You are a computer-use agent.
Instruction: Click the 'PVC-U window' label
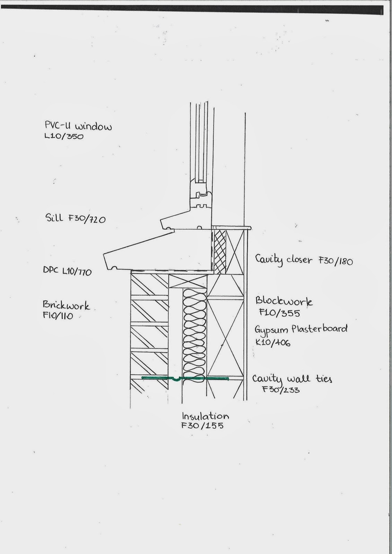pos(78,126)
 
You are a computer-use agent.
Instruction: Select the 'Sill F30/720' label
pos(75,218)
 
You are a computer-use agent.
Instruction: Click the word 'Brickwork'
pos(66,305)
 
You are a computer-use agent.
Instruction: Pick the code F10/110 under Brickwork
pos(58,316)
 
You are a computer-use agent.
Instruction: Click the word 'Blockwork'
pos(284,301)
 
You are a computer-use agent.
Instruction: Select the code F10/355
pos(279,313)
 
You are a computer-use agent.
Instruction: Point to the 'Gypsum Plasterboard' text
pos(301,329)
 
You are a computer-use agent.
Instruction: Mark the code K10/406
pos(272,343)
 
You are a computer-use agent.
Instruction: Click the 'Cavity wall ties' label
pos(292,379)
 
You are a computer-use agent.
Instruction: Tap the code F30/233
pos(281,390)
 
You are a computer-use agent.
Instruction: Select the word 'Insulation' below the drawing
pos(205,416)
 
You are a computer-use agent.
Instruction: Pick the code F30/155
pos(202,426)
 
